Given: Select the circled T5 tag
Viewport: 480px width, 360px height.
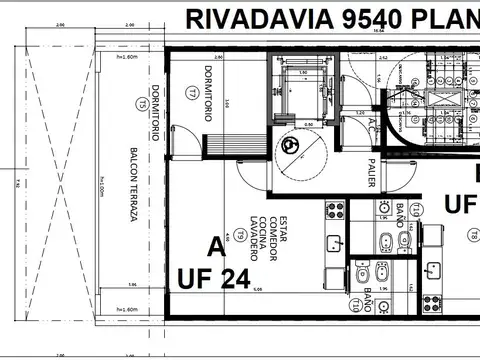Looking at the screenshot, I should [x=143, y=103].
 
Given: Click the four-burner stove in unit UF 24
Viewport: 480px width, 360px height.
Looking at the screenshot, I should [x=335, y=211].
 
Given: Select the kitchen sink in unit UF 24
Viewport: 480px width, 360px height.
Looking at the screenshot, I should [x=334, y=242].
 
